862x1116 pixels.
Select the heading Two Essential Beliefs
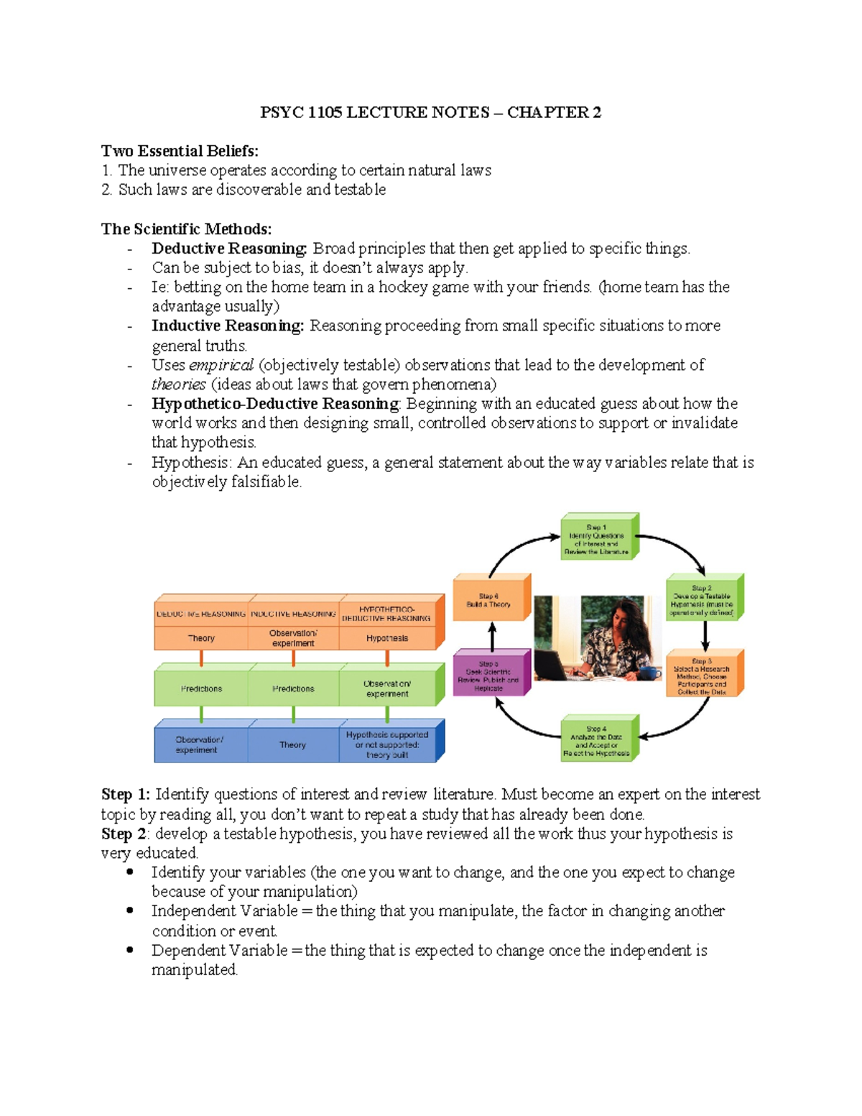pos(180,151)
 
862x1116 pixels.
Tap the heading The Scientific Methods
pos(186,229)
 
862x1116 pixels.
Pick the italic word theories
pos(178,384)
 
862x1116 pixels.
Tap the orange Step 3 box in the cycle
pos(702,675)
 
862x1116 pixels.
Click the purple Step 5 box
pos(488,675)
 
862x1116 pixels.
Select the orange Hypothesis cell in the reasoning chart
pos(387,638)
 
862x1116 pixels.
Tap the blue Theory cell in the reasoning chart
pos(293,745)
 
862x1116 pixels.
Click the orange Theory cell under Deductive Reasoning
pos(201,638)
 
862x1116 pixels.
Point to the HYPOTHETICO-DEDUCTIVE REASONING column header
pos(386,614)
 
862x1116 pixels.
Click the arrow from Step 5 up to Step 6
pos(492,636)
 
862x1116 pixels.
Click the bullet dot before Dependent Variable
pos(130,949)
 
